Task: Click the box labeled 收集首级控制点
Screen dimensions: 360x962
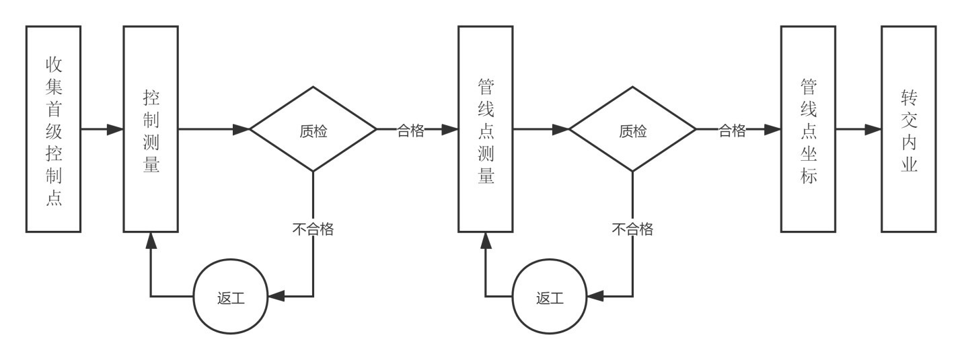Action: [53, 129]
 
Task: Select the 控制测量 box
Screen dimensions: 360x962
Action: [151, 129]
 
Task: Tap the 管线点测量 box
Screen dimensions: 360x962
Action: [485, 129]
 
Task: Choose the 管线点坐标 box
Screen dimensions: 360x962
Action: [808, 129]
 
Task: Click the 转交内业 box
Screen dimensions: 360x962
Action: [909, 129]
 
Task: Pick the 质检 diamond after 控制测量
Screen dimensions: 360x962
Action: [313, 130]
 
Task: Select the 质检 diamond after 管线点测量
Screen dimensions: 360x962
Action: [632, 130]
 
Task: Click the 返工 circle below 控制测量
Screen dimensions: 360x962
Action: [231, 297]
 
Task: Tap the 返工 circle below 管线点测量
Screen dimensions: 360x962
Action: [550, 297]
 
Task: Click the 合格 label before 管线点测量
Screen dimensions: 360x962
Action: [410, 131]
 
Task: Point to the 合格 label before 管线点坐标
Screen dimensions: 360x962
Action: [732, 130]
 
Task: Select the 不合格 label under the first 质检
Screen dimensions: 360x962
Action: [313, 229]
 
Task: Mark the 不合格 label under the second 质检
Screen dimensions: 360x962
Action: [632, 229]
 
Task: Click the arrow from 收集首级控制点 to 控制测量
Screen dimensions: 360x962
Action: [102, 130]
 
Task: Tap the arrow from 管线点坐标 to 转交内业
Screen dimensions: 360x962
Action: [858, 130]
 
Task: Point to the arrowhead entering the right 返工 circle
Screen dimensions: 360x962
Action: [595, 297]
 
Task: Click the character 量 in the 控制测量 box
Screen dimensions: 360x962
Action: [151, 165]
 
